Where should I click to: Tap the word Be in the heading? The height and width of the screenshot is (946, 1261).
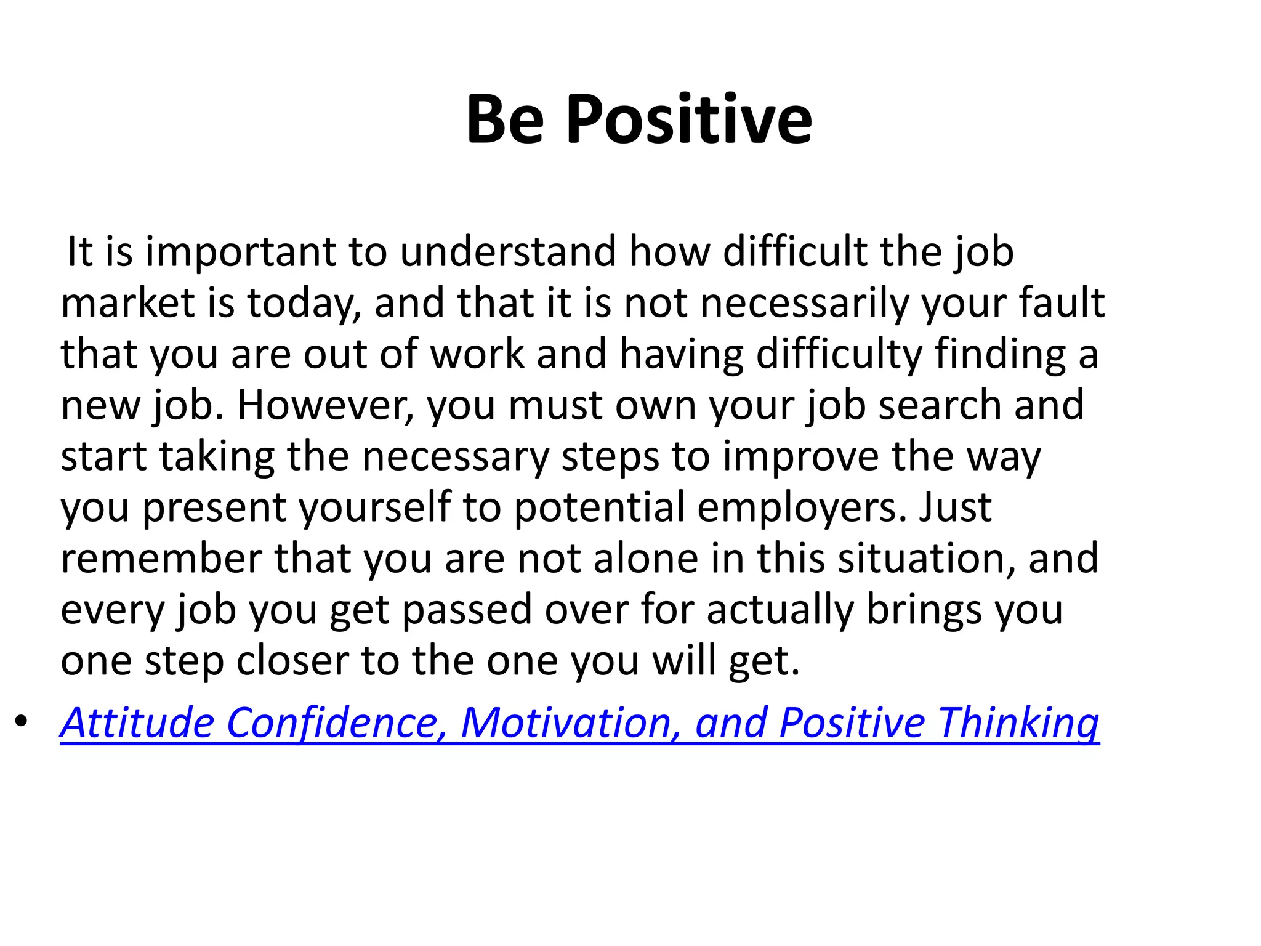(x=505, y=120)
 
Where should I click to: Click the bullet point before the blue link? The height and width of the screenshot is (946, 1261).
(x=22, y=721)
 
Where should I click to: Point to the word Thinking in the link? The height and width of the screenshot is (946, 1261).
(x=1018, y=722)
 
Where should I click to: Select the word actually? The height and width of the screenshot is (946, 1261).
(x=780, y=610)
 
